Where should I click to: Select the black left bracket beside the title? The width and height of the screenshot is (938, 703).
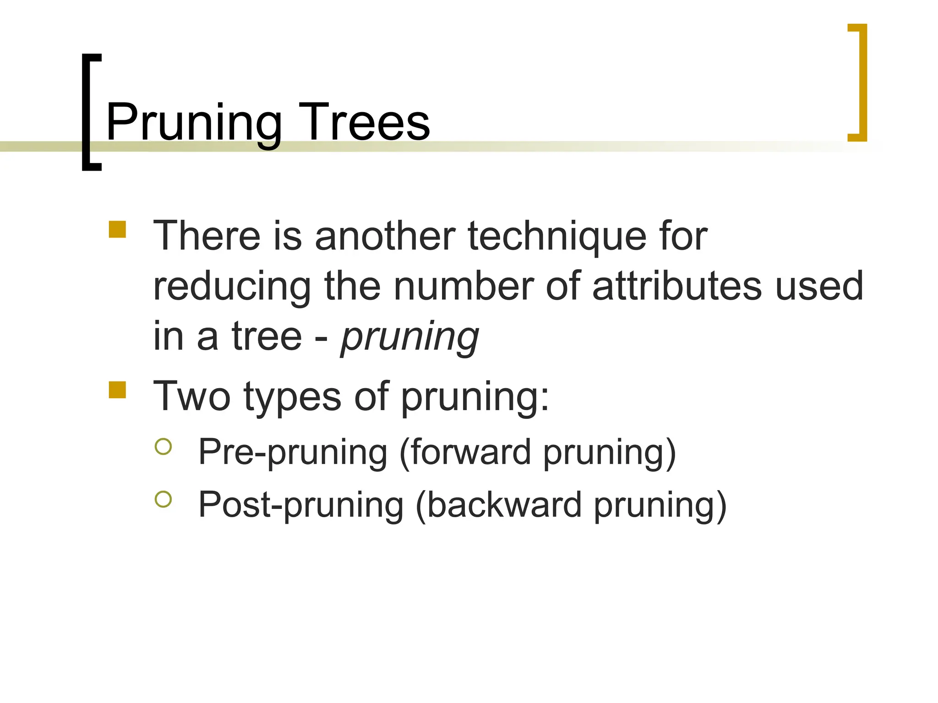pos(87,112)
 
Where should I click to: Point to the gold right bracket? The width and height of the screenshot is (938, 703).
pos(862,82)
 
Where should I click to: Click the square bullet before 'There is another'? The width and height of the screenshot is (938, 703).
pos(117,230)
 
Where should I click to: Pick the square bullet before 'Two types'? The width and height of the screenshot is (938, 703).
pos(117,390)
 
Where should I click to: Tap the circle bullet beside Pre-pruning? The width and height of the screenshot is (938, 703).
pos(163,447)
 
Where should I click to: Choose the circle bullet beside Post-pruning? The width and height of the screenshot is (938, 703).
pos(163,499)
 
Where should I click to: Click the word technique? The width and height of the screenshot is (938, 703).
pos(557,237)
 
